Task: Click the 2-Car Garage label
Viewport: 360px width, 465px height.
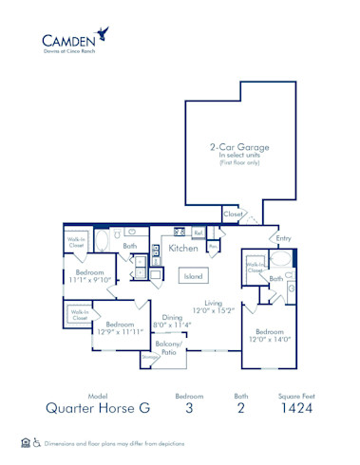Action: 238,147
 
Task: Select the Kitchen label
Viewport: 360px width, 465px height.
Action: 183,249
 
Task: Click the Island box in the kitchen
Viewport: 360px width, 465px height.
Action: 193,276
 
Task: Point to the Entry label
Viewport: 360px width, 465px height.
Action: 283,238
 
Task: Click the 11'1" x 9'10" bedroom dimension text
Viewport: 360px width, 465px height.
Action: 90,280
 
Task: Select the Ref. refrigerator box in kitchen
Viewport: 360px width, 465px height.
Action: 198,232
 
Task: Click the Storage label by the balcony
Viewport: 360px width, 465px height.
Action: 148,357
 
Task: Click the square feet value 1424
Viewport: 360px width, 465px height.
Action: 291,409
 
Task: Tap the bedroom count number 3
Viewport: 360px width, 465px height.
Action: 189,409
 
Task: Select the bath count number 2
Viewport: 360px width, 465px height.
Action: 241,409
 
